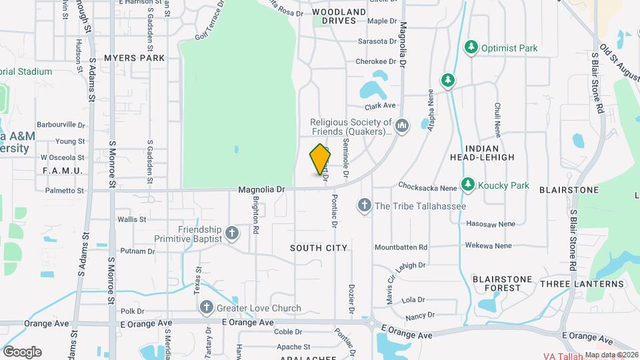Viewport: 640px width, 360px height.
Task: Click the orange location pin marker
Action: (321, 160)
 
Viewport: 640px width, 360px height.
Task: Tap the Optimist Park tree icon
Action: (472, 47)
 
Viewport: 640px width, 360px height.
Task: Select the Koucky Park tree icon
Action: (468, 185)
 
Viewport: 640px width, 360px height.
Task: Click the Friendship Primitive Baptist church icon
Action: (231, 233)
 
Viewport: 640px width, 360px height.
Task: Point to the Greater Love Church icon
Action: (207, 308)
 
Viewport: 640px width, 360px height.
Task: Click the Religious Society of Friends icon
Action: (402, 125)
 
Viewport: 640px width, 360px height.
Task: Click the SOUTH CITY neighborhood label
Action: (319, 248)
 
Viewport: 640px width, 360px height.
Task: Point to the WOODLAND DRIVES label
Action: (339, 17)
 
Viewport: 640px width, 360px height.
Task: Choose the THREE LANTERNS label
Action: (582, 284)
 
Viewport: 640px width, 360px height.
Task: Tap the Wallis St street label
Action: (131, 219)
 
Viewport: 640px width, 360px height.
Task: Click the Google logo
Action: (22, 351)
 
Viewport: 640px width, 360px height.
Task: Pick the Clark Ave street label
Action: (380, 105)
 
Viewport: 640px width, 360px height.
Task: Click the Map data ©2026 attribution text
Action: (611, 355)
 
